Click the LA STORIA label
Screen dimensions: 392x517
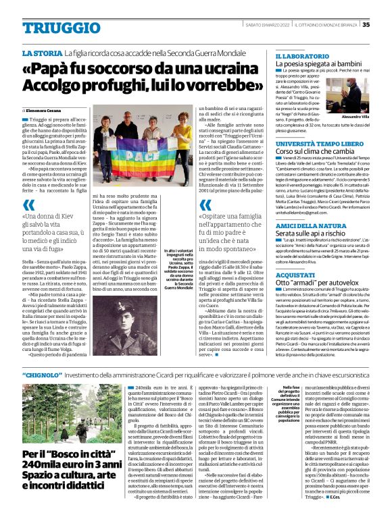43,53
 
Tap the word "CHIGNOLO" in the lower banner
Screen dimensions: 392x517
41,374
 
